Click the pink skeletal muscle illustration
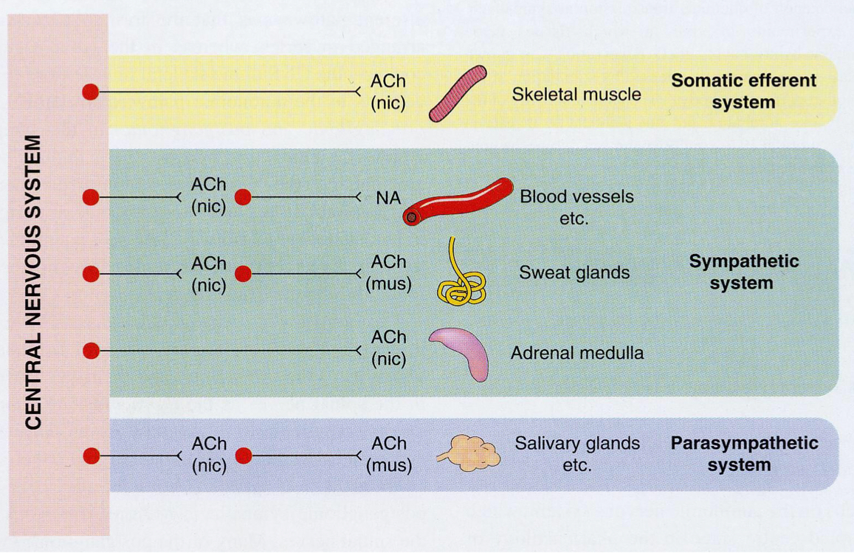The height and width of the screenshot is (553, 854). (458, 94)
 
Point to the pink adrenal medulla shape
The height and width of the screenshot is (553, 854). (461, 351)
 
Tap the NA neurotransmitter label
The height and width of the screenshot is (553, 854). (388, 198)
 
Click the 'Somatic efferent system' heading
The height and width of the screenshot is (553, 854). (743, 91)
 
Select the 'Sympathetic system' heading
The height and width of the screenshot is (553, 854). (743, 272)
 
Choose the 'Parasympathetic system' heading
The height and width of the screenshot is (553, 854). (743, 454)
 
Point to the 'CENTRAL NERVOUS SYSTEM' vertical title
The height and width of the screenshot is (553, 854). (33, 281)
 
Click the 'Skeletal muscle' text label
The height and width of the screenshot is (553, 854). (576, 94)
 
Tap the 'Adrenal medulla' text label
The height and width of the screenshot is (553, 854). (576, 353)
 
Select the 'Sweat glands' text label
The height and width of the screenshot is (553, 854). (574, 272)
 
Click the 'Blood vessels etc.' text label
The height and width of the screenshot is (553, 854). (576, 207)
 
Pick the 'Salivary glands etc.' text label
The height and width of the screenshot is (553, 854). (576, 454)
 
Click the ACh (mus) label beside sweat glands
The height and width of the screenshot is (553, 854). (388, 272)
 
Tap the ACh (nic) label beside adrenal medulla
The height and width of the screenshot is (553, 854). (388, 347)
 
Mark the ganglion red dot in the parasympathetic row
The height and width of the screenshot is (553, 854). (243, 456)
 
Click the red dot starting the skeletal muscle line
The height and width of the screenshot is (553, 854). (90, 92)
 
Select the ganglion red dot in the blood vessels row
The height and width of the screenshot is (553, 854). (243, 197)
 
